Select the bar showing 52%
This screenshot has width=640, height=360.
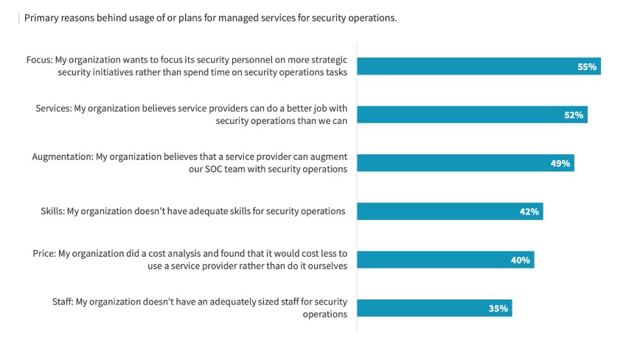point(472,115)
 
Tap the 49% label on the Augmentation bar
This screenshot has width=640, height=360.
point(560,163)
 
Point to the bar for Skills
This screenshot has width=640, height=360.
point(450,212)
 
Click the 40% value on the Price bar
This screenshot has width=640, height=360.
point(520,260)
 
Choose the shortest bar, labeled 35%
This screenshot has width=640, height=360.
point(434,308)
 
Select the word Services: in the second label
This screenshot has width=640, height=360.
point(52,108)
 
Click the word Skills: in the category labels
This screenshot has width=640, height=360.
point(52,211)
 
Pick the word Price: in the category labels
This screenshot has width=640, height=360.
point(44,253)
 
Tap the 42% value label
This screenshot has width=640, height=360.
point(529,212)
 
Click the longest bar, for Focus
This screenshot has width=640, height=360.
point(479,66)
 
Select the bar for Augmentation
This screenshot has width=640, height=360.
point(465,163)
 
